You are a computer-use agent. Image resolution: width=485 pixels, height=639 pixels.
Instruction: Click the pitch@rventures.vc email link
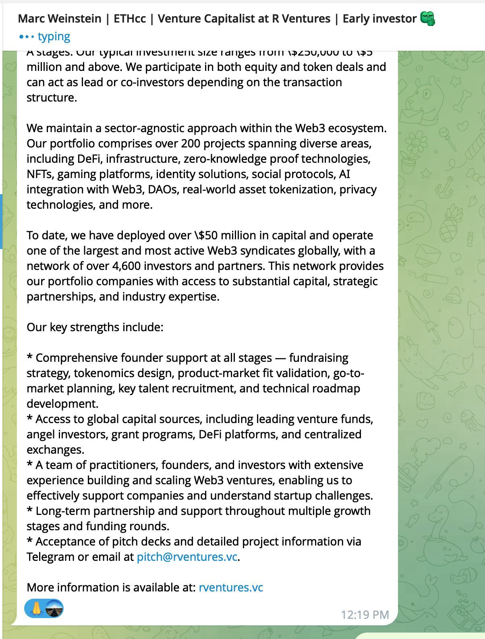pyautogui.click(x=187, y=557)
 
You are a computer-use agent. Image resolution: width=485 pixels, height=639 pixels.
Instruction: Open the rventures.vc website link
pyautogui.click(x=231, y=587)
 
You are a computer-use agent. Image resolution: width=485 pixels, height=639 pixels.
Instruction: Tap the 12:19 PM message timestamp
pyautogui.click(x=365, y=614)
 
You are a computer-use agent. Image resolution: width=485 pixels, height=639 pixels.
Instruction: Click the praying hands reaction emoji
pyautogui.click(x=36, y=608)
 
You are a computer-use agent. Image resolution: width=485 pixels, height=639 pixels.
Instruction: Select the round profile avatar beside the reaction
pyautogui.click(x=54, y=608)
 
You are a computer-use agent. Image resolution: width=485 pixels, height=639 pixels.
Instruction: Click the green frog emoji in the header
pyautogui.click(x=427, y=19)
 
